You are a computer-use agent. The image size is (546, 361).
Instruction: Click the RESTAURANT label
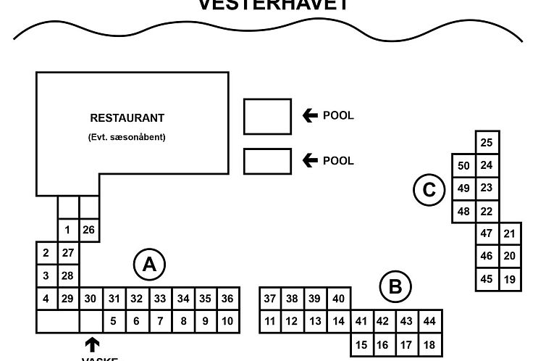pos(127,118)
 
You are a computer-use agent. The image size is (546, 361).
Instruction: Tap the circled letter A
pos(149,265)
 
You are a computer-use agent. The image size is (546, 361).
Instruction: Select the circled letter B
pos(395,287)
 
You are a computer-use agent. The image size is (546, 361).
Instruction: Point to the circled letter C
pos(429,191)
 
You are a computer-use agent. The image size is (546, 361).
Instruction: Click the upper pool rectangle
pos(267,117)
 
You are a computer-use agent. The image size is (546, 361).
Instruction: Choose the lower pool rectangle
pos(267,161)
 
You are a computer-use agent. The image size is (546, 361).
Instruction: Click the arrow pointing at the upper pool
pos(311,116)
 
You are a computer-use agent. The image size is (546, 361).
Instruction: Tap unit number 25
pos(487,143)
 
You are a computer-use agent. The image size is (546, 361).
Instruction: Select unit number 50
pos(464,166)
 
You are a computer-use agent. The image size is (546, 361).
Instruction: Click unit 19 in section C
pos(509,278)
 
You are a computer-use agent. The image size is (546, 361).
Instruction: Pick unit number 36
pos(227,299)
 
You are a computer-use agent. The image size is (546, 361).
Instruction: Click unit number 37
pos(270,299)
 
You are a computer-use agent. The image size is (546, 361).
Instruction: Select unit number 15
pos(362,345)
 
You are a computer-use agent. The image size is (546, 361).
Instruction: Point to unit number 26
pos(89,231)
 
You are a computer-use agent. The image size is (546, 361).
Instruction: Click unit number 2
pos(46,253)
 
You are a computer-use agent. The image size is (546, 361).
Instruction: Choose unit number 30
pos(90,299)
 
